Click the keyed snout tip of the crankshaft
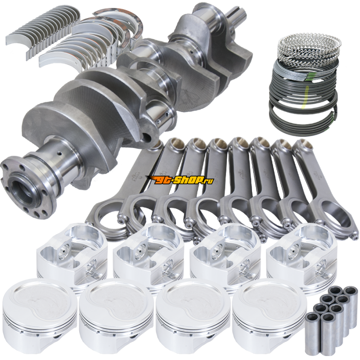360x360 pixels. point(238,13)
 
